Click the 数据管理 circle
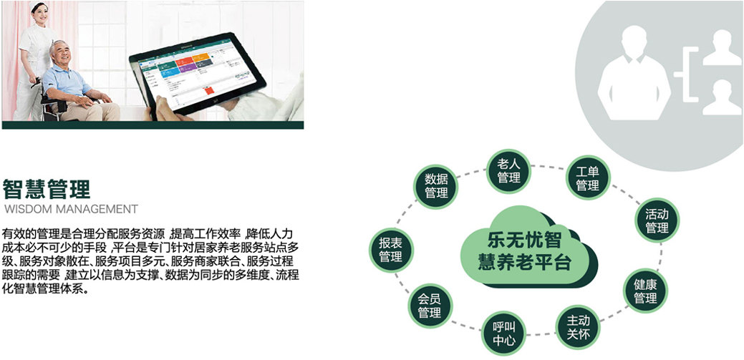pyautogui.click(x=437, y=186)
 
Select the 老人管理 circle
pyautogui.click(x=509, y=171)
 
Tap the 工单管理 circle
pyautogui.click(x=587, y=178)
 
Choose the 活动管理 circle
pyautogui.click(x=657, y=220)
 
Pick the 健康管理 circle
pyautogui.click(x=645, y=291)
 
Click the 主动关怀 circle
pyautogui.click(x=578, y=327)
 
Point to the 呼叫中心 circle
pyautogui.click(x=504, y=334)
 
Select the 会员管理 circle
pyautogui.click(x=430, y=306)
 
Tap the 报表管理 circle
pyautogui.click(x=391, y=250)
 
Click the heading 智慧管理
pyautogui.click(x=46, y=189)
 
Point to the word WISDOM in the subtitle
pyautogui.click(x=27, y=209)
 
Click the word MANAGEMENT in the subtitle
pyautogui.click(x=97, y=209)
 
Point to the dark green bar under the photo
pyautogui.click(x=153, y=125)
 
